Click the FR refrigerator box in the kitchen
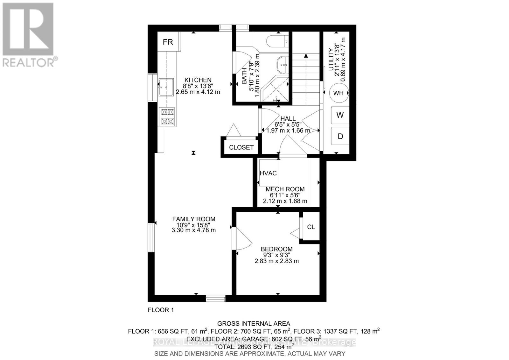tap(168, 42)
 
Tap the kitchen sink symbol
tap(166, 87)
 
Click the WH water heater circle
tap(338, 93)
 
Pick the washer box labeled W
tap(340, 115)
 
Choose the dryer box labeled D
tap(340, 136)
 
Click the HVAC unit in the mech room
tap(268, 173)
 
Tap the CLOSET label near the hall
tap(241, 147)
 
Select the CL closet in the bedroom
tap(311, 227)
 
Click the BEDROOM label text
tap(276, 249)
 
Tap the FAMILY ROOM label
tap(193, 219)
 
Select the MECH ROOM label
tap(285, 189)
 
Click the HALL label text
tap(288, 118)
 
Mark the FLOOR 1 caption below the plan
tap(161, 310)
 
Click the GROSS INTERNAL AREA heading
tap(253, 324)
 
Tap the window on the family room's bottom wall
tap(215, 298)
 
